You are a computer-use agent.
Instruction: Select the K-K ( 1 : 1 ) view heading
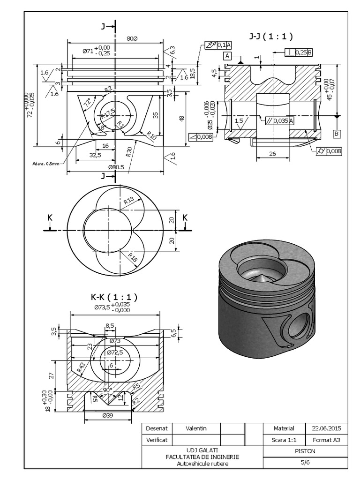(111, 297)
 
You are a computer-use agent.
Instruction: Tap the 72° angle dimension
(87, 103)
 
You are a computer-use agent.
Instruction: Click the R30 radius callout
(129, 151)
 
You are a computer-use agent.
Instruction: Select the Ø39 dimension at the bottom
(107, 415)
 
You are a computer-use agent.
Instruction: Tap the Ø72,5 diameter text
(115, 352)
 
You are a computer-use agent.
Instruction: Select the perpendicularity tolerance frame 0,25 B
(299, 53)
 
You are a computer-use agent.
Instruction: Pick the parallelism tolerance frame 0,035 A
(279, 120)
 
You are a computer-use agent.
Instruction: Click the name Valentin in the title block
(196, 428)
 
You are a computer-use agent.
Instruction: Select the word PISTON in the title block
(305, 451)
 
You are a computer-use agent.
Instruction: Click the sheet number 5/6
(305, 462)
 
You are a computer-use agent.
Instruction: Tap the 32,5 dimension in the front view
(83, 154)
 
